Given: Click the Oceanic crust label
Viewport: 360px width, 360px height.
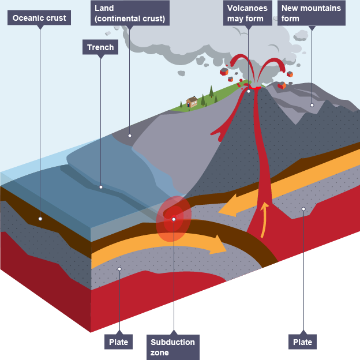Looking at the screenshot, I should (x=39, y=18).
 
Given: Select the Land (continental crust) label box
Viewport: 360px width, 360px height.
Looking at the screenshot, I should (x=130, y=13).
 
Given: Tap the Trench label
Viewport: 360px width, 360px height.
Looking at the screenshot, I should (x=100, y=47).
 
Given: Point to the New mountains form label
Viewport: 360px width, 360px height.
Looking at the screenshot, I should (x=311, y=13).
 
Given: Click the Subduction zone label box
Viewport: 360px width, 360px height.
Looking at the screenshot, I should (x=173, y=347).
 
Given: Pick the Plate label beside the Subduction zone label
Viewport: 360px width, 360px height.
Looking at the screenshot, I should (x=119, y=342).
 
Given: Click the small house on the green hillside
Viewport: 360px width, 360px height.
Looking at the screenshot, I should (x=192, y=102).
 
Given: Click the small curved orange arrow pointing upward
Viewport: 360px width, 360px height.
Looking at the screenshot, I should (x=265, y=219).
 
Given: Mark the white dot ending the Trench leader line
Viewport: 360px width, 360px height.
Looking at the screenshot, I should (x=101, y=187).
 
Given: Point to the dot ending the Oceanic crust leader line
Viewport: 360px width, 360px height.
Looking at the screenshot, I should (x=40, y=219).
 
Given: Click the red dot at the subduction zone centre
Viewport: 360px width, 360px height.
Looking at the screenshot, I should (x=173, y=219).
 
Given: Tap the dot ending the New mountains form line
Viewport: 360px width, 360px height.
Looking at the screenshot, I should (x=312, y=105).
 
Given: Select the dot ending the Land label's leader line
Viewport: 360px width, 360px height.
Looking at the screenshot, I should (x=130, y=136).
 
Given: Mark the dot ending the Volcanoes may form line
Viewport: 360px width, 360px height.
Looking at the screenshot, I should (x=249, y=91).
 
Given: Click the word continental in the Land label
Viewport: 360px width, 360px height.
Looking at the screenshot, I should (x=121, y=19).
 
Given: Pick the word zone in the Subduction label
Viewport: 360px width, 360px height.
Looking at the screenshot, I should (x=160, y=352).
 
